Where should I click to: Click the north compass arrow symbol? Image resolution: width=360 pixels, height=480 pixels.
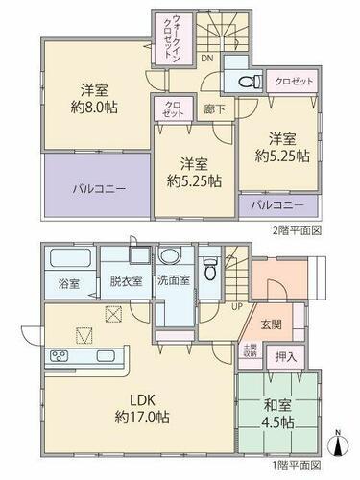click(x=338, y=444)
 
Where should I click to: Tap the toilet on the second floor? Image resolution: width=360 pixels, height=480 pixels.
click(x=251, y=81)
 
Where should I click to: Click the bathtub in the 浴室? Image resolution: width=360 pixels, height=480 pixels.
click(x=70, y=258)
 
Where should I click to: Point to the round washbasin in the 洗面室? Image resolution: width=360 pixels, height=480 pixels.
click(x=170, y=256)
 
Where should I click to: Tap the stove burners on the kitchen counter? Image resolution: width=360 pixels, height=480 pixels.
click(x=60, y=355)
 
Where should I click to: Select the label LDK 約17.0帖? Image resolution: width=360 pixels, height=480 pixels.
click(x=142, y=408)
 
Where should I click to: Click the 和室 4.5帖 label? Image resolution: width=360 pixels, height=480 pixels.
click(x=277, y=414)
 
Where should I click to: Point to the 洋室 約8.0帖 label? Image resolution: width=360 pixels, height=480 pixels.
click(x=94, y=98)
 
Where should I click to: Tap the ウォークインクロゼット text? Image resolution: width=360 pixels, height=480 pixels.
click(x=173, y=37)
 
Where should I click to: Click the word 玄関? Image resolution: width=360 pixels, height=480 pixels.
click(x=271, y=324)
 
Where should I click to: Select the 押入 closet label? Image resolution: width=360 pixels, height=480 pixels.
click(x=286, y=356)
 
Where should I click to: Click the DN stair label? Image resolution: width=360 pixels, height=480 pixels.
click(x=207, y=58)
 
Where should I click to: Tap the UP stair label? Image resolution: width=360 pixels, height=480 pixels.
click(x=237, y=306)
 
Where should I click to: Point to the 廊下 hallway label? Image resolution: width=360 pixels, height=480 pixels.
click(x=214, y=109)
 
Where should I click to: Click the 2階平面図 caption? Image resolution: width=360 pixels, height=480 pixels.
click(x=297, y=230)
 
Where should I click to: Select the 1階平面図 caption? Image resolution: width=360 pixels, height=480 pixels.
click(x=297, y=464)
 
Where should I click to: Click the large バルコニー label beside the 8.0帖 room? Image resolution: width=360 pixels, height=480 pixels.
click(x=99, y=189)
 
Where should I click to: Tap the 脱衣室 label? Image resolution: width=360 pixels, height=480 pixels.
click(x=126, y=281)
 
